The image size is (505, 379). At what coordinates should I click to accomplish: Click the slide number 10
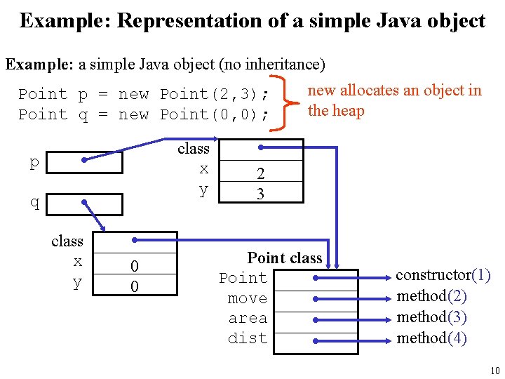494,371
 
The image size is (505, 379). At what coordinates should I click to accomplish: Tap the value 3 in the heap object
260,194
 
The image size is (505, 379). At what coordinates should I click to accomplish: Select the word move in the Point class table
248,298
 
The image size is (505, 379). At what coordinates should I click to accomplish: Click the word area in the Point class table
248,318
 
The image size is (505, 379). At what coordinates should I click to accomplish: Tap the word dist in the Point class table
248,338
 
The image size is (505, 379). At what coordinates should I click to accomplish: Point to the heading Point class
285,258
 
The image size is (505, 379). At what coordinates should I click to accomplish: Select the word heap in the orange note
348,111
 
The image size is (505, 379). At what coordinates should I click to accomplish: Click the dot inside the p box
83,161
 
